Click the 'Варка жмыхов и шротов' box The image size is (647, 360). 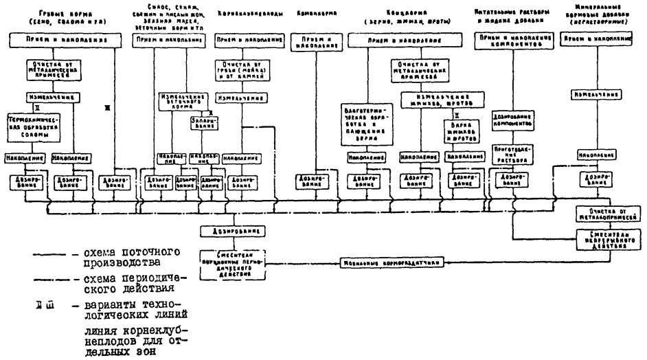point(462,131)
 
